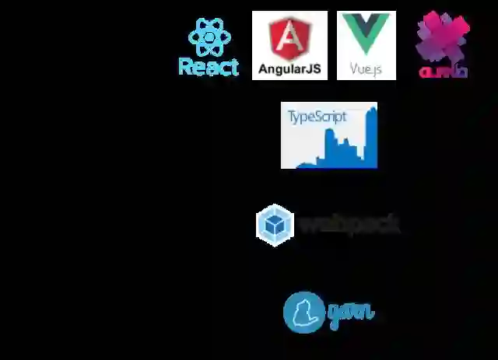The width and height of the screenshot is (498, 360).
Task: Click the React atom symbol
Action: coord(209,37)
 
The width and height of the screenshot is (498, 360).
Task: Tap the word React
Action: coord(209,67)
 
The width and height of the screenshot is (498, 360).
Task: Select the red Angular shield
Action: coord(289,39)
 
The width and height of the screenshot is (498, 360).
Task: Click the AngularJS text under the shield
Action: coord(289,68)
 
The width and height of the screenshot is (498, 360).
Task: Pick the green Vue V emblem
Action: coord(366,35)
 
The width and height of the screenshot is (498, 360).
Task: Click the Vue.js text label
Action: coord(366,69)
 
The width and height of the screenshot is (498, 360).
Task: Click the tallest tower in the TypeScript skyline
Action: coord(371,136)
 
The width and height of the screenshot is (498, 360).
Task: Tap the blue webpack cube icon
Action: coord(275,224)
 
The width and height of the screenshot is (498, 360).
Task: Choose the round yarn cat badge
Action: coord(303,312)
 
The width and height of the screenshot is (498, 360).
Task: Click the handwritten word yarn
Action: coord(350,313)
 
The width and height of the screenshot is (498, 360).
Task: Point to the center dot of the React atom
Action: coord(209,37)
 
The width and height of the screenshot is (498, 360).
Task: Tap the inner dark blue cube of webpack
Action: coord(275,225)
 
